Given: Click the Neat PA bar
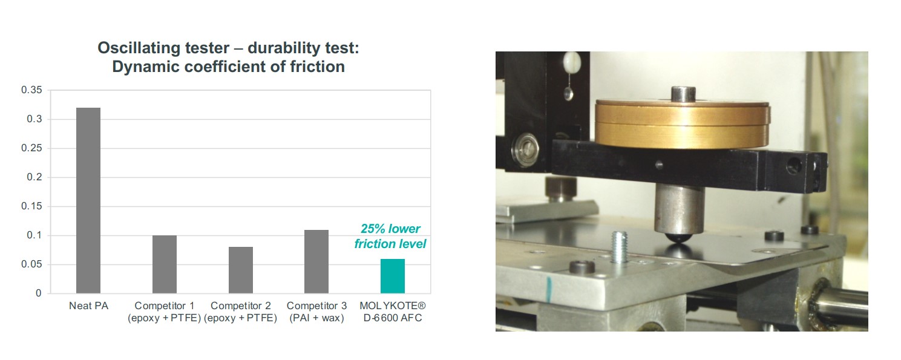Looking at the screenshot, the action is click(x=88, y=200).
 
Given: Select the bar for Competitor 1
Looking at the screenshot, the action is click(x=165, y=264).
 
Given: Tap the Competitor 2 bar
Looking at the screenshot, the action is click(x=241, y=270).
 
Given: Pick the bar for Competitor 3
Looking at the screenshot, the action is click(x=316, y=261).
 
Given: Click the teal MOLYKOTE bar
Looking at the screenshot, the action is click(x=393, y=276).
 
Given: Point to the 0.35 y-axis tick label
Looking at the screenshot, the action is click(x=31, y=90).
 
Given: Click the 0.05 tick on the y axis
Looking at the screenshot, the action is click(x=31, y=264).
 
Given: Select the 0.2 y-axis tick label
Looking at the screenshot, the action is click(x=34, y=177).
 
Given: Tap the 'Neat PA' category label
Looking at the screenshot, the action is click(x=88, y=306).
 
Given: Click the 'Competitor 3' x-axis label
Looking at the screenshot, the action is click(x=316, y=306).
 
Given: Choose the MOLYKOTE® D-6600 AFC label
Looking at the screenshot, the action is click(x=393, y=312).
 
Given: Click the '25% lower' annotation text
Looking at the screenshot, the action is click(x=390, y=229).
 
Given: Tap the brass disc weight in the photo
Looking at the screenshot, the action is click(x=682, y=124).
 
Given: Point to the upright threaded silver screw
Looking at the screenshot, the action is click(x=619, y=247).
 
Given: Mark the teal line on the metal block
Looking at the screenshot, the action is click(x=549, y=289).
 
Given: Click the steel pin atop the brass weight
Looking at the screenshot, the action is click(x=683, y=94).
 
